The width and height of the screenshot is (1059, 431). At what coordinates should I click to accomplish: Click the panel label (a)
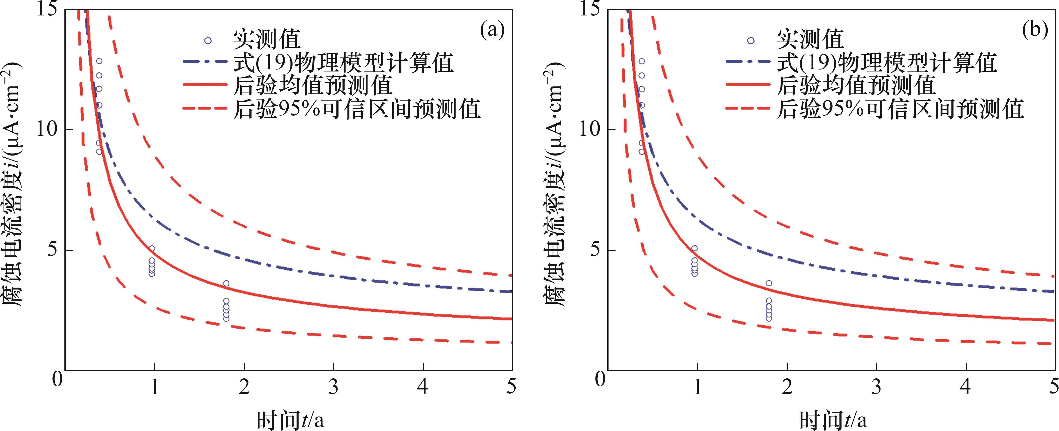click(492, 31)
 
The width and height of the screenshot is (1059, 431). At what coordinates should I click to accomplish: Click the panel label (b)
click(1034, 31)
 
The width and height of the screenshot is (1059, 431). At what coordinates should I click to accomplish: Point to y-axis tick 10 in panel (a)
click(48, 130)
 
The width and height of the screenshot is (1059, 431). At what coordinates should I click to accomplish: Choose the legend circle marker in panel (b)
click(751, 40)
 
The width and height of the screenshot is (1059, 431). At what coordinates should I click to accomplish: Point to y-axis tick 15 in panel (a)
click(48, 9)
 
